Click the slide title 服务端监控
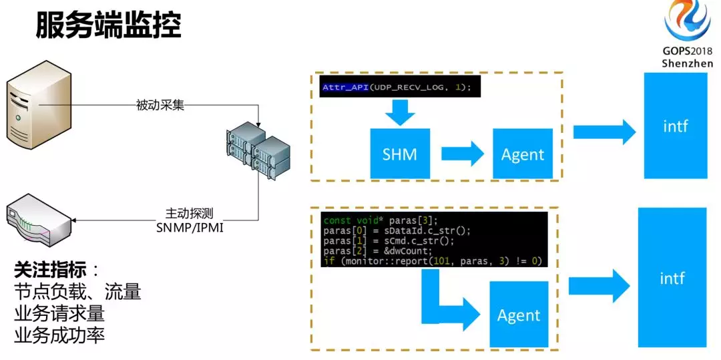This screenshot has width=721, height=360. pyautogui.click(x=109, y=25)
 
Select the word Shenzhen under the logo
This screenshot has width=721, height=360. pyautogui.click(x=688, y=63)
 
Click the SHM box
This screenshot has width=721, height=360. pyautogui.click(x=400, y=154)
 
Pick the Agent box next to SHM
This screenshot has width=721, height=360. pyautogui.click(x=522, y=154)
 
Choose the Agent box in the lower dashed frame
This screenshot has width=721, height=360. pyautogui.click(x=519, y=315)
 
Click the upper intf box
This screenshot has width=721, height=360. pyautogui.click(x=676, y=125)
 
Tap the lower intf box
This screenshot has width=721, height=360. pyautogui.click(x=672, y=277)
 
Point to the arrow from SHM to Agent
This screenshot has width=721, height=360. pyautogui.click(x=463, y=154)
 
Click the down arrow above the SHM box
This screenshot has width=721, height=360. pyautogui.click(x=400, y=112)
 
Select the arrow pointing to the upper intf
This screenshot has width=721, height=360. pyautogui.click(x=604, y=132)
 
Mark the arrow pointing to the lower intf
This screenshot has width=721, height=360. pyautogui.click(x=599, y=287)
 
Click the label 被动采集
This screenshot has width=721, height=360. pyautogui.click(x=160, y=105)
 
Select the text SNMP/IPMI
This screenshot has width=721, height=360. pyautogui.click(x=190, y=227)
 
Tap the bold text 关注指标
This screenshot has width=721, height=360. pyautogui.click(x=51, y=270)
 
